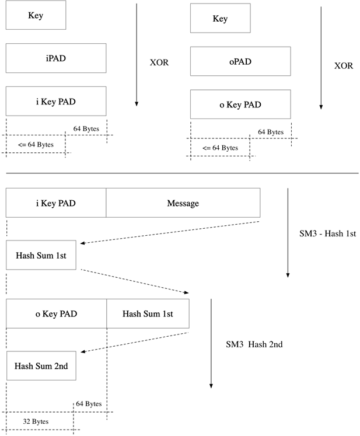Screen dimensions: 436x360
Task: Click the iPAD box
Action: pos(56,58)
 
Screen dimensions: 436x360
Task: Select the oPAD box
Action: pos(240,61)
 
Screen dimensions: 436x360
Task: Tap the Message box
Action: pos(183,203)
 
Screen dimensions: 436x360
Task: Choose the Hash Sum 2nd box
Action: pos(41,366)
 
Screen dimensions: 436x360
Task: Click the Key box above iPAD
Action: pos(36,15)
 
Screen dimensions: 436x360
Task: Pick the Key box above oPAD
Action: pos(220,19)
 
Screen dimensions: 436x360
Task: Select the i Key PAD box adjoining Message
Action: pos(56,203)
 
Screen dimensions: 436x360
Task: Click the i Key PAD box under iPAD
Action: pos(56,101)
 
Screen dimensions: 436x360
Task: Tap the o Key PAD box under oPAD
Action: pos(240,104)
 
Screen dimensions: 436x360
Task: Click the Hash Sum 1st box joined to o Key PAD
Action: pos(148,314)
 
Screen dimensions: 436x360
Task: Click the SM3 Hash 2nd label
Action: pos(254,344)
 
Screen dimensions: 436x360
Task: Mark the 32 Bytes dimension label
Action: pos(36,421)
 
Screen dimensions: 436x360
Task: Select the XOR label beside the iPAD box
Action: pos(159,62)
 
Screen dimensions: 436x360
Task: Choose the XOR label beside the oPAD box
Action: pos(344,66)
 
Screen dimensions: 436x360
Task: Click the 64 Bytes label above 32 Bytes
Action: pos(89,404)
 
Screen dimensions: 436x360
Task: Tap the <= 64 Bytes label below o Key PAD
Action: pos(220,148)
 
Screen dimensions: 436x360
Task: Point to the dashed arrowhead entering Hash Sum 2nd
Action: pos(83,352)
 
